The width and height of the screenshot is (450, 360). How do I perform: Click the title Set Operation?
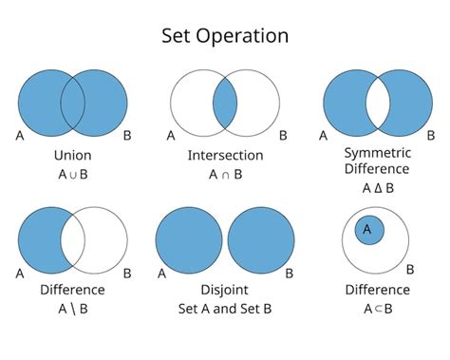[x=224, y=36]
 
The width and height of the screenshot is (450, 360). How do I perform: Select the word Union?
[x=73, y=154]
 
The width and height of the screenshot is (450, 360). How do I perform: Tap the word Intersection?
[x=225, y=154]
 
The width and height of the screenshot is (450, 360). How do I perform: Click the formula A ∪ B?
[x=73, y=174]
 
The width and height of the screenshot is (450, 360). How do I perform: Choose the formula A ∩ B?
[x=225, y=174]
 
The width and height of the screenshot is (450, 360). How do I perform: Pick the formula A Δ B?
[x=378, y=188]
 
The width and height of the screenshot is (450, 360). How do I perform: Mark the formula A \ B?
[x=73, y=308]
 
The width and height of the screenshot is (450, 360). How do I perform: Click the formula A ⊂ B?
[x=378, y=308]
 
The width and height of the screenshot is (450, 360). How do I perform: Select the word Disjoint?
[x=225, y=289]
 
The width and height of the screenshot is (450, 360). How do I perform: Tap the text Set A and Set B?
[x=225, y=308]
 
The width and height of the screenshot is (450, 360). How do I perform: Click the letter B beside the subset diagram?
[x=410, y=270]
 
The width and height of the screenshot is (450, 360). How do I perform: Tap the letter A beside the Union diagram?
[x=20, y=135]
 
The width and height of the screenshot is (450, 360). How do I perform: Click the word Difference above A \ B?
[x=73, y=289]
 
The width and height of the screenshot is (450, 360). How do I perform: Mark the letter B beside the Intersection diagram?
[x=277, y=135]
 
